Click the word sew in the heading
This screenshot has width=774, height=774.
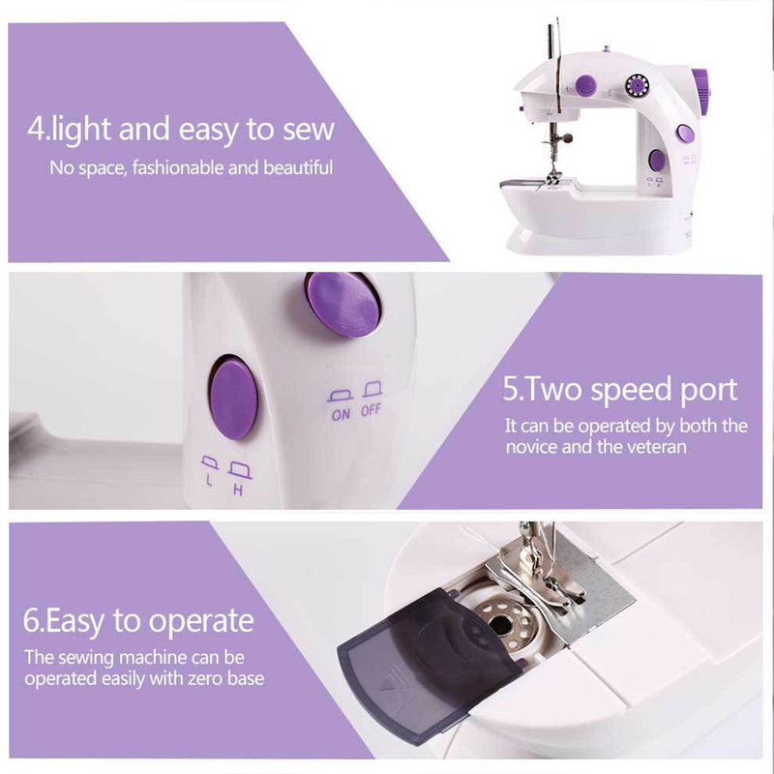point(309,130)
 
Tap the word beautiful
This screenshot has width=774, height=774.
point(298,167)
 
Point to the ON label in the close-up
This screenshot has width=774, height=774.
point(341,414)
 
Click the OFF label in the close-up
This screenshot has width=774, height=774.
point(371,409)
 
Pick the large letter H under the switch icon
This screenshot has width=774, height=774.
point(238,491)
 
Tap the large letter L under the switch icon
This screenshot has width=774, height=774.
point(209,480)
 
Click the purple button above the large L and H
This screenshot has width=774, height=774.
point(234,399)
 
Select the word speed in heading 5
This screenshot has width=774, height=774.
point(632,391)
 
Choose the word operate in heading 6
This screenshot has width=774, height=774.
point(201,622)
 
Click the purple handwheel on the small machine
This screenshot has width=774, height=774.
point(700,89)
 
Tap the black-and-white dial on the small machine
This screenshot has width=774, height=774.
point(638,86)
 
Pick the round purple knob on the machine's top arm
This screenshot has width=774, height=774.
point(586,85)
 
